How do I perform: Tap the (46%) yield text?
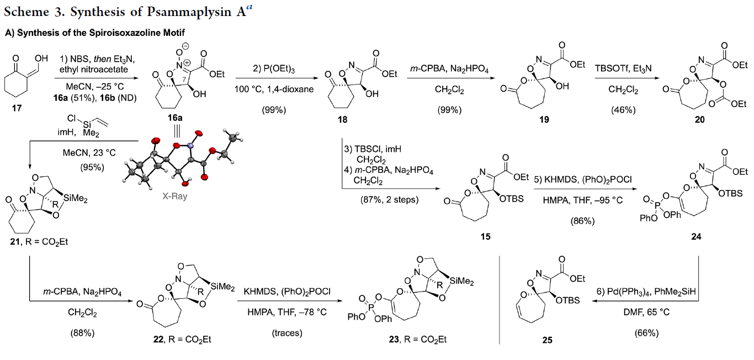click(623, 110)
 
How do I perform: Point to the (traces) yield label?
click(287, 333)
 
